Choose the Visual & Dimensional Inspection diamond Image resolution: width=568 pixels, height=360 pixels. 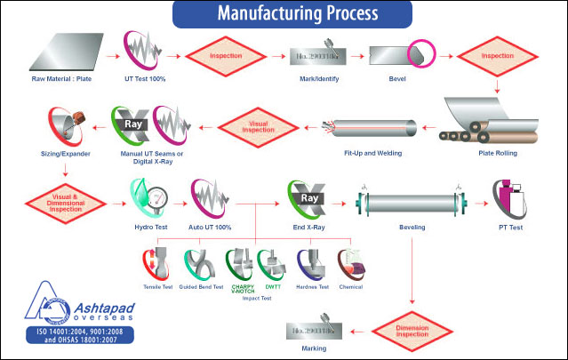point(60,197)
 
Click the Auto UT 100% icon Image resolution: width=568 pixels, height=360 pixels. point(211,197)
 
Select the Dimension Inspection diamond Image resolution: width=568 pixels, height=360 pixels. point(411,331)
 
